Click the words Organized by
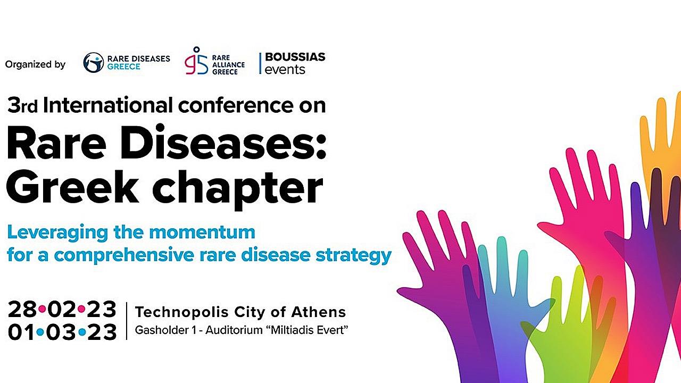(x=35, y=65)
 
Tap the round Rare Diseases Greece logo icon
(x=93, y=63)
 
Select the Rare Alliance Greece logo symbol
(x=196, y=61)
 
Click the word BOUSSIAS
(x=295, y=57)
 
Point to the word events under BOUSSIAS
(x=285, y=70)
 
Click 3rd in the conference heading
(x=22, y=105)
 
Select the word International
(x=108, y=105)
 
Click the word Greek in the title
(x=72, y=186)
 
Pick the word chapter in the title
(x=237, y=189)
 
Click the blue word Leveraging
(x=57, y=233)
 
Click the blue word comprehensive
(x=124, y=255)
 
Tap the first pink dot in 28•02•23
(x=42, y=310)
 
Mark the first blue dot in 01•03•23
(x=40, y=332)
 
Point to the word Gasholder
(x=162, y=330)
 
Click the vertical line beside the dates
(x=127, y=321)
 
